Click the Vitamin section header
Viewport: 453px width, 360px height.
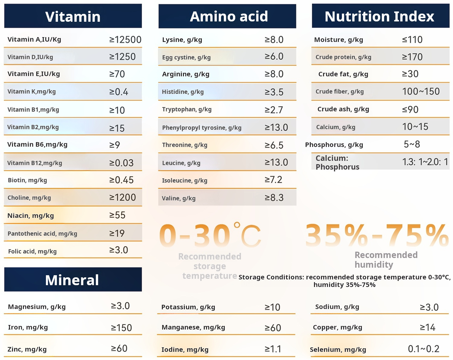pos(73,16)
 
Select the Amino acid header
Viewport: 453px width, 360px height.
pos(229,16)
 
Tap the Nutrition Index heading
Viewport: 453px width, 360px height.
pos(379,16)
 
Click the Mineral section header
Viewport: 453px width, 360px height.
pos(72,280)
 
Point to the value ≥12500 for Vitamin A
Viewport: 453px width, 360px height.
pos(125,40)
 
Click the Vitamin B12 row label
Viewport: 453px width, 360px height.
pos(35,163)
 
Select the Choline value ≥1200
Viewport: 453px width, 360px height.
pos(122,197)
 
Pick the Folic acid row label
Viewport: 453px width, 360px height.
pos(32,251)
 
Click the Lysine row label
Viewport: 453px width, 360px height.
pos(182,40)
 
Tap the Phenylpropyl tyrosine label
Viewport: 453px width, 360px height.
pos(202,128)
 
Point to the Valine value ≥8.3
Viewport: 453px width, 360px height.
pos(274,198)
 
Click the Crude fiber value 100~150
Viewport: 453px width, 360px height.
pos(421,91)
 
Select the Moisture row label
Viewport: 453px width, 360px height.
pos(339,40)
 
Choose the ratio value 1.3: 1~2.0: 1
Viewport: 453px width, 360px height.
pos(425,162)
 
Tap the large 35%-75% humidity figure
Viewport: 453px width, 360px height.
pos(377,235)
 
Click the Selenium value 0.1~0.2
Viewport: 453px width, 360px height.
pos(423,349)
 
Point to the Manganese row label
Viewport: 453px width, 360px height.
pos(193,327)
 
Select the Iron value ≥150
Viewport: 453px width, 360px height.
pos(121,328)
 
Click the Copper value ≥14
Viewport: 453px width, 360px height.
pos(427,327)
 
